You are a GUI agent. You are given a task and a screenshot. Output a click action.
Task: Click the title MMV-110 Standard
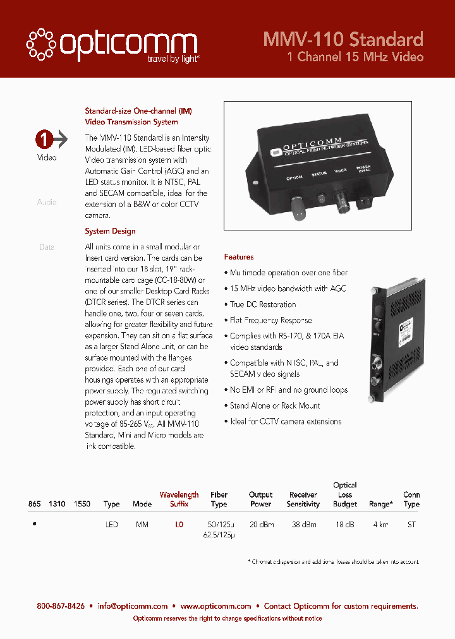click(343, 40)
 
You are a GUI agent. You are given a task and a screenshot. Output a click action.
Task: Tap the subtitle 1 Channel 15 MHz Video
click(355, 57)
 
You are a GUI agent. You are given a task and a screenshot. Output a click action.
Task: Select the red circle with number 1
click(44, 138)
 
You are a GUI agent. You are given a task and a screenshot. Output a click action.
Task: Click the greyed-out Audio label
click(47, 202)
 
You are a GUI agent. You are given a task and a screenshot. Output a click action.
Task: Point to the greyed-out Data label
click(47, 247)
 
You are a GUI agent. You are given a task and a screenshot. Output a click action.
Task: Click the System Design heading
click(110, 231)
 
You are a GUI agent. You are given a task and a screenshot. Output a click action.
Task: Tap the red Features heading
click(239, 257)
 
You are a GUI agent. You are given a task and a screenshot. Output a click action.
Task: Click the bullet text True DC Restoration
click(263, 304)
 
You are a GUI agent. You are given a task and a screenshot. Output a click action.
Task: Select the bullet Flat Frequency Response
click(270, 320)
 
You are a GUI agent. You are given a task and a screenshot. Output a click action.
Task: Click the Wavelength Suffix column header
click(179, 499)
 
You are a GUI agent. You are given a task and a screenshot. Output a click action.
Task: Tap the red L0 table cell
click(179, 525)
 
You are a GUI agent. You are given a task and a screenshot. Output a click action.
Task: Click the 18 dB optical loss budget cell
click(345, 525)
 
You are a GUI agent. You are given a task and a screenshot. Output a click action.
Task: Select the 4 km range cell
click(380, 525)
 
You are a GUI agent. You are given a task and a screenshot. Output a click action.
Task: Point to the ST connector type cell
click(411, 525)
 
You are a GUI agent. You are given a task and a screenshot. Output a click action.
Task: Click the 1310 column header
click(58, 504)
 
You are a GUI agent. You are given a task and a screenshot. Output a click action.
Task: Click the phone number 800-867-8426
click(61, 606)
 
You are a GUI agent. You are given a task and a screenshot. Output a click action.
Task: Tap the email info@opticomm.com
click(133, 606)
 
